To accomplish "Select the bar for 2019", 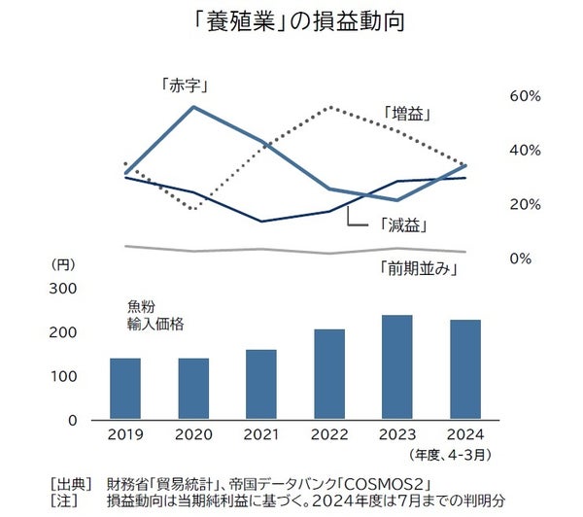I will tap(124, 389).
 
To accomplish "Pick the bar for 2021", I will tap(262, 385).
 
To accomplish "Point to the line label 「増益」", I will tap(407, 114).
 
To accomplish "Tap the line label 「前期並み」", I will tap(417, 269).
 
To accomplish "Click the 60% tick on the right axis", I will tap(525, 96).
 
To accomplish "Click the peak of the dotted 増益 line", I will tap(332, 107).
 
